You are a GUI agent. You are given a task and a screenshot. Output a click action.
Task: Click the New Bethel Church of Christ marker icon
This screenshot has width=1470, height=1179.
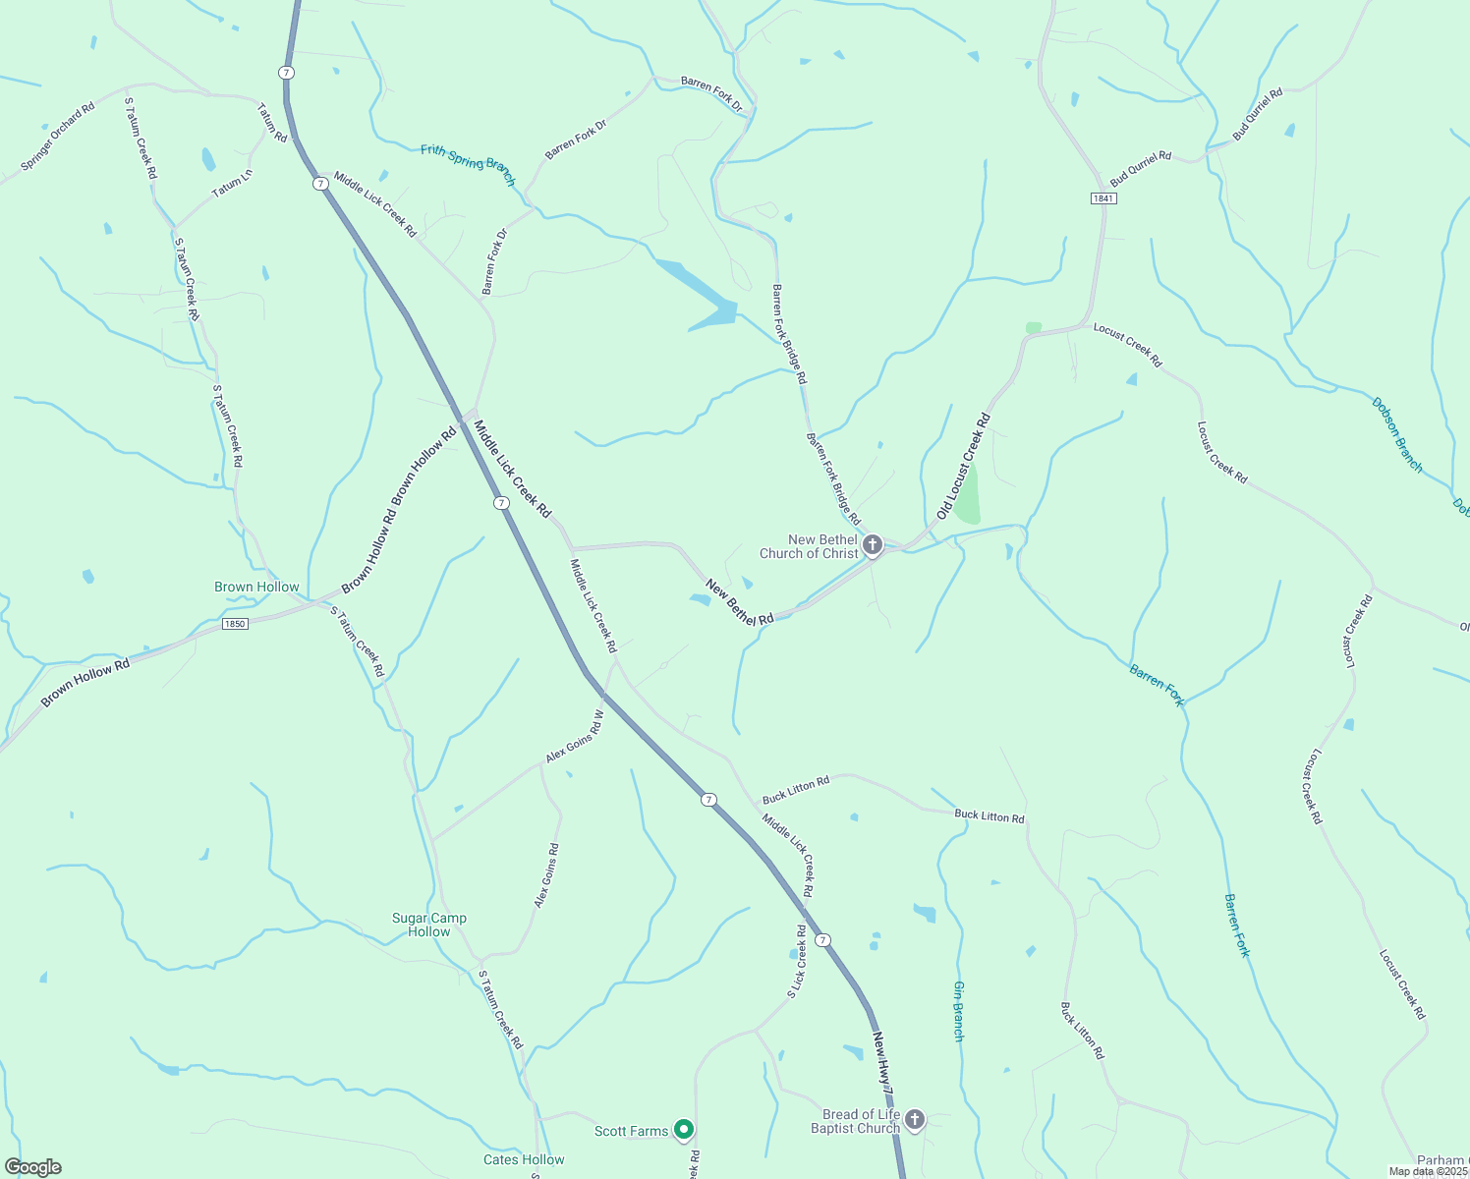pos(872,545)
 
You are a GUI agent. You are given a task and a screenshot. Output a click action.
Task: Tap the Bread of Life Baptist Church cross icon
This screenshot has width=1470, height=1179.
pos(915,1120)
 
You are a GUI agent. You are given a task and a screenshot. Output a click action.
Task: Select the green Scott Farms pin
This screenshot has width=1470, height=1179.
pos(685,1131)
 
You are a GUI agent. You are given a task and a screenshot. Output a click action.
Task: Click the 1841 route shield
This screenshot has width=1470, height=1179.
pos(1103,198)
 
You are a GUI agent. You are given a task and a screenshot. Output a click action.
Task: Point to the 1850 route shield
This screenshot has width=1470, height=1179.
pos(234,624)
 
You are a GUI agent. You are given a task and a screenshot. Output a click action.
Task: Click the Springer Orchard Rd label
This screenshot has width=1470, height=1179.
pos(58,136)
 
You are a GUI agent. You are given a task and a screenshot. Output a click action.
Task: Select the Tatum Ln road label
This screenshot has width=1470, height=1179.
pos(233,183)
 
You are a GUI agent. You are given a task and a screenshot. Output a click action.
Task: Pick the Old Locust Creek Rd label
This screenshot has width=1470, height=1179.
pos(964,467)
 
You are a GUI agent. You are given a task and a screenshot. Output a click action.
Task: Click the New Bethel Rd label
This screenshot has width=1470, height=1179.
pos(739,602)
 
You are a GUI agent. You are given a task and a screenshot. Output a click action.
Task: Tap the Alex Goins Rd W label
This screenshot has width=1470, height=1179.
pos(575,736)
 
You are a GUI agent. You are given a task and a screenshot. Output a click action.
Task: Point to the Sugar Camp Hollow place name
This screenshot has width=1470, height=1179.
pos(429,925)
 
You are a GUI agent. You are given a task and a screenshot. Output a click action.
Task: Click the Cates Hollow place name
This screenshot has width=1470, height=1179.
pos(524,1159)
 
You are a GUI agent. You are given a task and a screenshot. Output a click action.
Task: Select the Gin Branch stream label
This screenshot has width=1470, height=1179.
pos(959,1011)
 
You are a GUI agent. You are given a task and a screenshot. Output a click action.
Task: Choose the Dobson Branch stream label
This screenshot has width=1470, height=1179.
pos(1397,435)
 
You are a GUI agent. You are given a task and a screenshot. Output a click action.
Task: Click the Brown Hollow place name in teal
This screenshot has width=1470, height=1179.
pos(256,587)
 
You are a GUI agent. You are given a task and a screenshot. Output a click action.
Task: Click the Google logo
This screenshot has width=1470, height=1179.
pos(33,1167)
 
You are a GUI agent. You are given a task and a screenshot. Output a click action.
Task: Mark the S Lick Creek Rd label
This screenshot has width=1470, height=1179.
pos(797,961)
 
